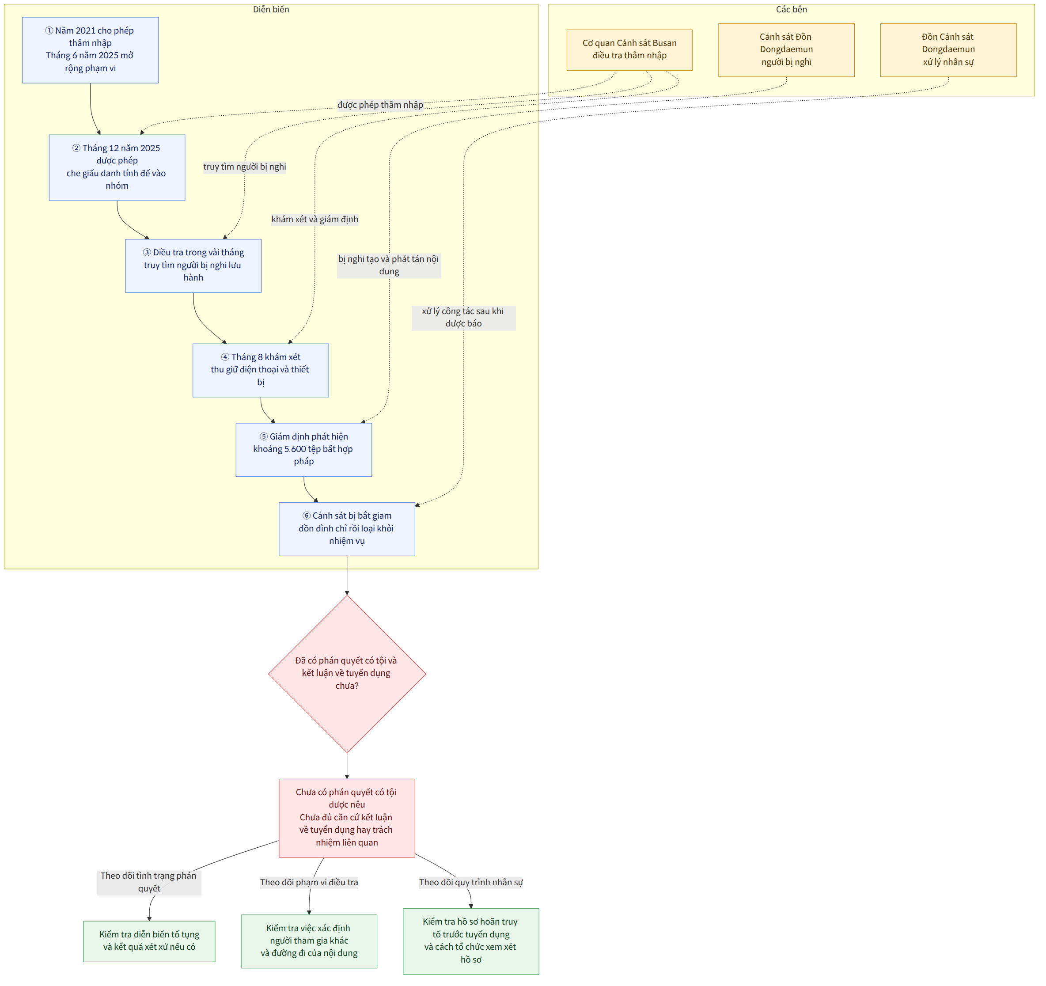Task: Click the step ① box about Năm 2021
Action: pyautogui.click(x=90, y=50)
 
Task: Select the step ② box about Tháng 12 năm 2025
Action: pyautogui.click(x=117, y=167)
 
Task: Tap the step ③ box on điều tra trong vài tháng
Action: pyautogui.click(x=193, y=265)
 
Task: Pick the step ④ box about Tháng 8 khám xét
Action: pyautogui.click(x=261, y=370)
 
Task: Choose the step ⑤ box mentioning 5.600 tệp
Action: pyautogui.click(x=303, y=449)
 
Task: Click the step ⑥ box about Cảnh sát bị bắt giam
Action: pyautogui.click(x=347, y=529)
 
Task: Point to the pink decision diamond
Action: pyautogui.click(x=347, y=674)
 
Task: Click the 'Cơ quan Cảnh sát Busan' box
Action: pyautogui.click(x=629, y=50)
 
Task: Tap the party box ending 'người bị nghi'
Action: pyautogui.click(x=786, y=50)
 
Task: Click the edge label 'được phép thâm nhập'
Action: pyautogui.click(x=380, y=105)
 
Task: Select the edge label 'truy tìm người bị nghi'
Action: pyautogui.click(x=245, y=167)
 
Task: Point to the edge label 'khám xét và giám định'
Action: pyautogui.click(x=315, y=220)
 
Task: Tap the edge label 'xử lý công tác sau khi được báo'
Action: pyautogui.click(x=463, y=318)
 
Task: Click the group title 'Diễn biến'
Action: pyautogui.click(x=271, y=9)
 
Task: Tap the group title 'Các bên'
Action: pyautogui.click(x=791, y=9)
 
